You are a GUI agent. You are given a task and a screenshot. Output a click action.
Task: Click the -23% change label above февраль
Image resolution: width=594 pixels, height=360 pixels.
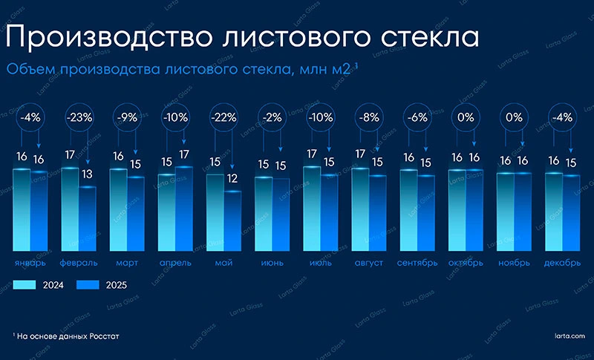(x=78, y=117)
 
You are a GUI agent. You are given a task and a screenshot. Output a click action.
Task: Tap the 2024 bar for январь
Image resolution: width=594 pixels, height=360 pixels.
(x=22, y=209)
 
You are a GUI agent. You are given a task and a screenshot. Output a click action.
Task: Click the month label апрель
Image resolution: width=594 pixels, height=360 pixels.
(x=175, y=263)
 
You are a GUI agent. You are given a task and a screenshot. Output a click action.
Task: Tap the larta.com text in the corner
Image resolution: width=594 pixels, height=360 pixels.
(x=569, y=336)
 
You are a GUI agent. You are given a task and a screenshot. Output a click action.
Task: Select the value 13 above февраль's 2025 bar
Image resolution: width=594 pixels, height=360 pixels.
(x=88, y=174)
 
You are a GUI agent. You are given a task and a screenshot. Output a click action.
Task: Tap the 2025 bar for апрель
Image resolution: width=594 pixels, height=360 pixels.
(x=184, y=209)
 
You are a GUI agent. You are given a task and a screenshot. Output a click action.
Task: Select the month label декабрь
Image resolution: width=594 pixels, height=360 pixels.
(x=562, y=263)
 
